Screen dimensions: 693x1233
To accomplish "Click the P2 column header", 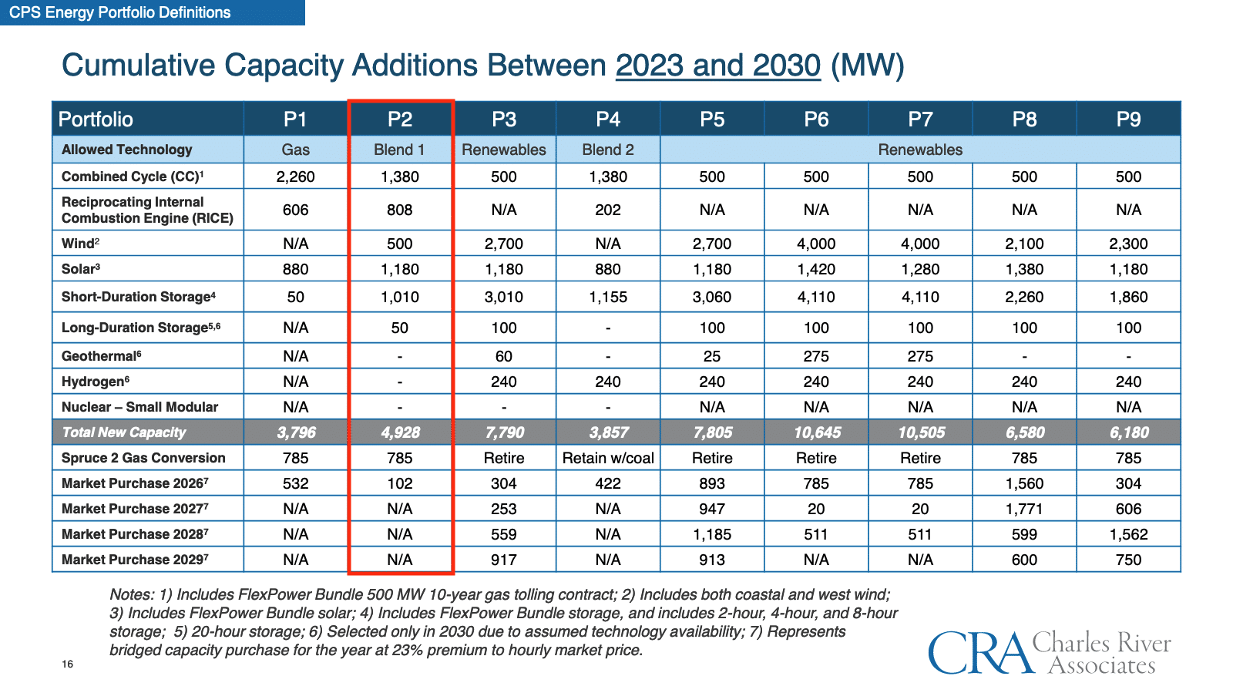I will [400, 119].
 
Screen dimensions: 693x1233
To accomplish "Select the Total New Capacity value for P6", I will [817, 432].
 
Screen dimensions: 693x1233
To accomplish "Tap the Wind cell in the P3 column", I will [504, 244].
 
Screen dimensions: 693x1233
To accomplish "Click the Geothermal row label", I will [101, 356].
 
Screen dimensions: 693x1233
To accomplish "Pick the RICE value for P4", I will [608, 210].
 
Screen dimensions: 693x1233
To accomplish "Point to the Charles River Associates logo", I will [1049, 652].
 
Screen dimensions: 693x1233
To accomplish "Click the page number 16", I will [68, 664].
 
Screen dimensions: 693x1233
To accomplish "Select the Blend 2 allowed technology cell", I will [608, 150].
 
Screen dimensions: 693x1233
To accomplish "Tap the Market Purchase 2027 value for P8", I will [1024, 509].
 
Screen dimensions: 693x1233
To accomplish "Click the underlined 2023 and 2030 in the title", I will [717, 66].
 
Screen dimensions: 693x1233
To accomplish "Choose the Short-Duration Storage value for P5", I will [712, 297].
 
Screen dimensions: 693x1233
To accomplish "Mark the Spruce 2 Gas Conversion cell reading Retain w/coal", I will [608, 458].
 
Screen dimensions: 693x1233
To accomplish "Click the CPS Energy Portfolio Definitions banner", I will [120, 12].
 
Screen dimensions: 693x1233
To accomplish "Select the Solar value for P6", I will [816, 269].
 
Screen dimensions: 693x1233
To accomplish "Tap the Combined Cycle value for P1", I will [296, 177].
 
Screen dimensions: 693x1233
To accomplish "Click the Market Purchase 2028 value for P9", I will [1128, 534].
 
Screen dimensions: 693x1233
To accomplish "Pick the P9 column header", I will [1128, 119].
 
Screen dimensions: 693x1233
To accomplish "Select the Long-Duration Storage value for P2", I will [400, 328].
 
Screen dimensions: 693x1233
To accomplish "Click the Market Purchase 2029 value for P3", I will [504, 560].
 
